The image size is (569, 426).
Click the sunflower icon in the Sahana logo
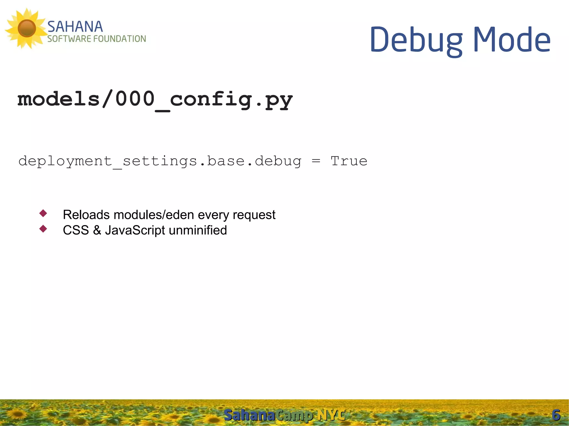pos(26,28)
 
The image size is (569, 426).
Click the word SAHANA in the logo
pos(75,27)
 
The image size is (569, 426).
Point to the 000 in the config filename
pos(135,99)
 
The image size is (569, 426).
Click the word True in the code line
pos(349,161)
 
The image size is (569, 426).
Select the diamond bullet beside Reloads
pos(43,213)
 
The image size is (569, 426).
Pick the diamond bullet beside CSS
pos(43,229)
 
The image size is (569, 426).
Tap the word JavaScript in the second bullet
pos(135,230)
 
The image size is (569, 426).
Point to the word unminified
pos(198,230)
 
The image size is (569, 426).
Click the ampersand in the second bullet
pos(97,230)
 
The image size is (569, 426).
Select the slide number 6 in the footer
pos(556,415)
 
